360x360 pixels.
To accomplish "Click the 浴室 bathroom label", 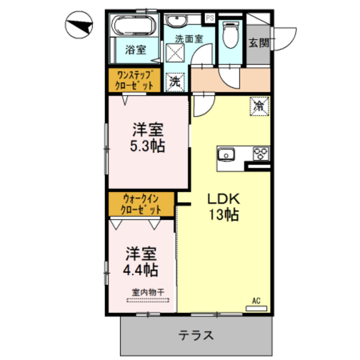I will pyautogui.click(x=135, y=49).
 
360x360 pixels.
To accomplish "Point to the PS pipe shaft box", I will pyautogui.click(x=210, y=18).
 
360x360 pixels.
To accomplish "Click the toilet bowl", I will pyautogui.click(x=231, y=34).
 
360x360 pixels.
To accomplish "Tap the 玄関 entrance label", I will pyautogui.click(x=259, y=42).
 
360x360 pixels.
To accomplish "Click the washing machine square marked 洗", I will pyautogui.click(x=175, y=81).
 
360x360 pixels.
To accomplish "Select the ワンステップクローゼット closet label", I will pyautogui.click(x=134, y=80).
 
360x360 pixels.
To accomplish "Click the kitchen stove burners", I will pyautogui.click(x=260, y=154).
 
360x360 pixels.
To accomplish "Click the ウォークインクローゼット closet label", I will pyautogui.click(x=142, y=205).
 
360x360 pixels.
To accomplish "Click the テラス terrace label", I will pyautogui.click(x=196, y=336).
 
